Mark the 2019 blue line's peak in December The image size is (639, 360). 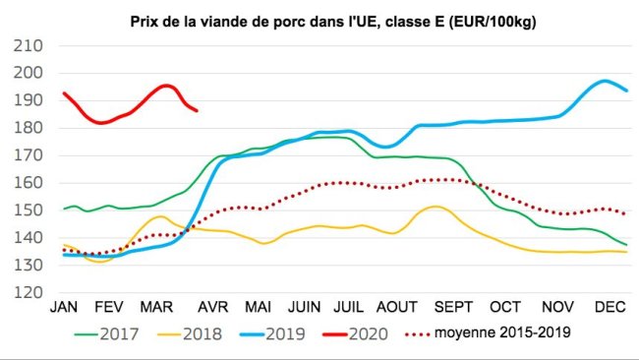[606, 81]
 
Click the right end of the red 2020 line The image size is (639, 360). [197, 110]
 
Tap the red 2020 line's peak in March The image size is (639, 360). [166, 86]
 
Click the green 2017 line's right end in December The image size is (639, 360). [626, 245]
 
